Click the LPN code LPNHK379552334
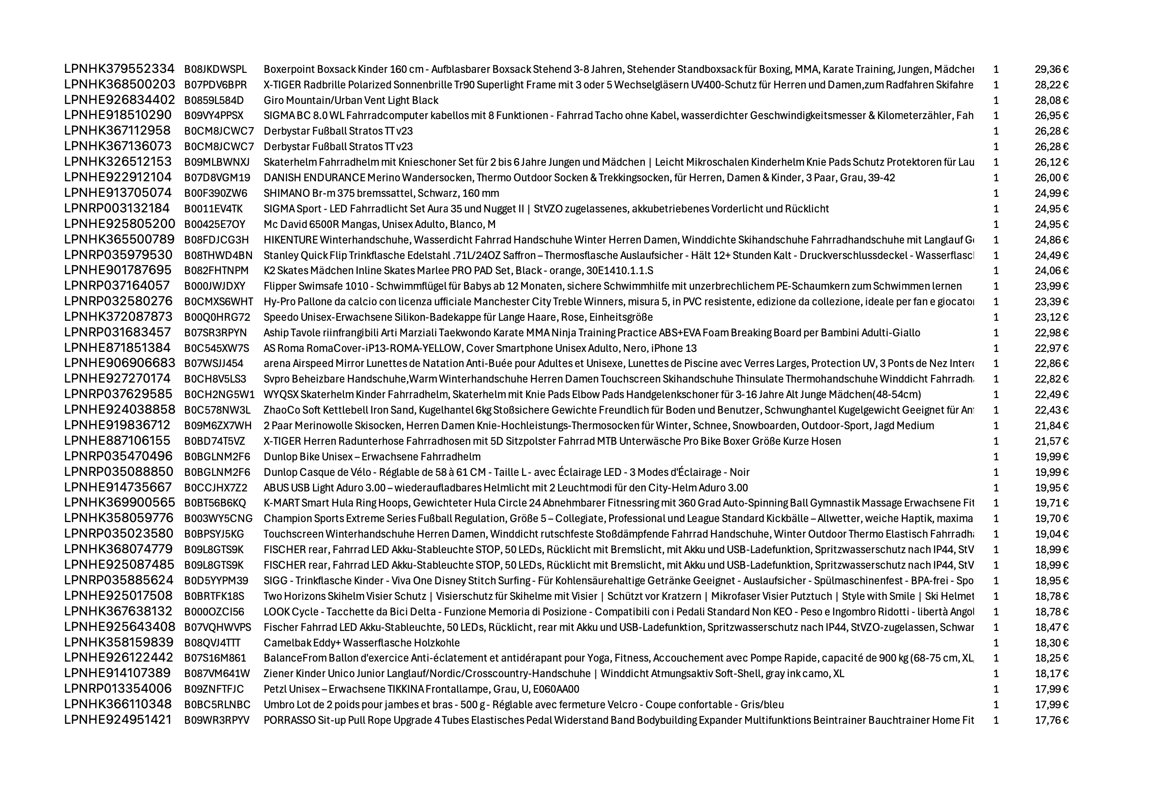point(119,69)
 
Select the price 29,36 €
point(1051,69)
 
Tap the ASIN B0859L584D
point(214,100)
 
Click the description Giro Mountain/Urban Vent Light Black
point(351,100)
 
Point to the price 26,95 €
point(1051,116)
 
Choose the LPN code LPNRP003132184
point(117,208)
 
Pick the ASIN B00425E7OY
point(214,224)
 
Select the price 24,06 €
point(1051,271)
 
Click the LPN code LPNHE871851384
point(117,348)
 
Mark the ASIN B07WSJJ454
point(214,364)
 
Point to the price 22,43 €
point(1051,411)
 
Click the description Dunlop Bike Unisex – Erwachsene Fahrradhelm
point(372,457)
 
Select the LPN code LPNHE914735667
point(118,487)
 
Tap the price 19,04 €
point(1051,534)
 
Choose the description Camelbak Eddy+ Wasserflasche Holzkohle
point(361,643)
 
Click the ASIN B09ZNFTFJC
point(214,690)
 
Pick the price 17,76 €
point(1051,720)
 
